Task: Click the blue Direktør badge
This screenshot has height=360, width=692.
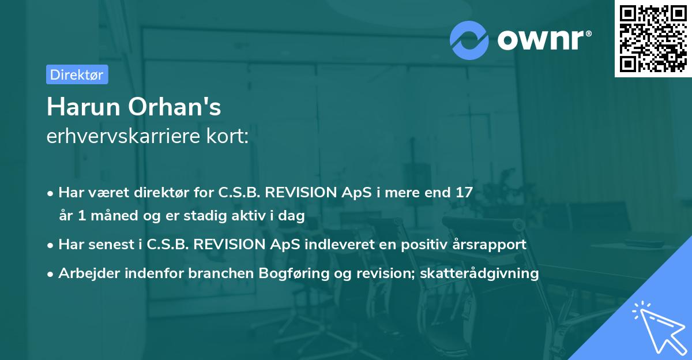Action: [x=77, y=74]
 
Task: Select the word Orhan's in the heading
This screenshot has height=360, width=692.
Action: [x=175, y=107]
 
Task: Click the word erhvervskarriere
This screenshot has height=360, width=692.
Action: [x=123, y=136]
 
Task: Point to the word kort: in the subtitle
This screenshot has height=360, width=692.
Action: [x=227, y=136]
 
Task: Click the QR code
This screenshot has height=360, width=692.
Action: [x=653, y=39]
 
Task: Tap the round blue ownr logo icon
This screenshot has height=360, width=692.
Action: [x=469, y=40]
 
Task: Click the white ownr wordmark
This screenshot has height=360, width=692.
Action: [x=544, y=40]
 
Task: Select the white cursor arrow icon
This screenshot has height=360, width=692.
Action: [x=659, y=328]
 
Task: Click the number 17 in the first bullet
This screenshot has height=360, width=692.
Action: [x=464, y=193]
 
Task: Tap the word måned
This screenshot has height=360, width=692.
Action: [x=114, y=215]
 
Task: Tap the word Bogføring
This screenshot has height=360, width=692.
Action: [x=294, y=273]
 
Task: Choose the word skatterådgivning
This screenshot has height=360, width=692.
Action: [x=479, y=273]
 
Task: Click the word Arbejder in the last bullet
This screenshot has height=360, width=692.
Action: [x=89, y=273]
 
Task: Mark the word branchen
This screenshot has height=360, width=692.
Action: [x=221, y=273]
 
